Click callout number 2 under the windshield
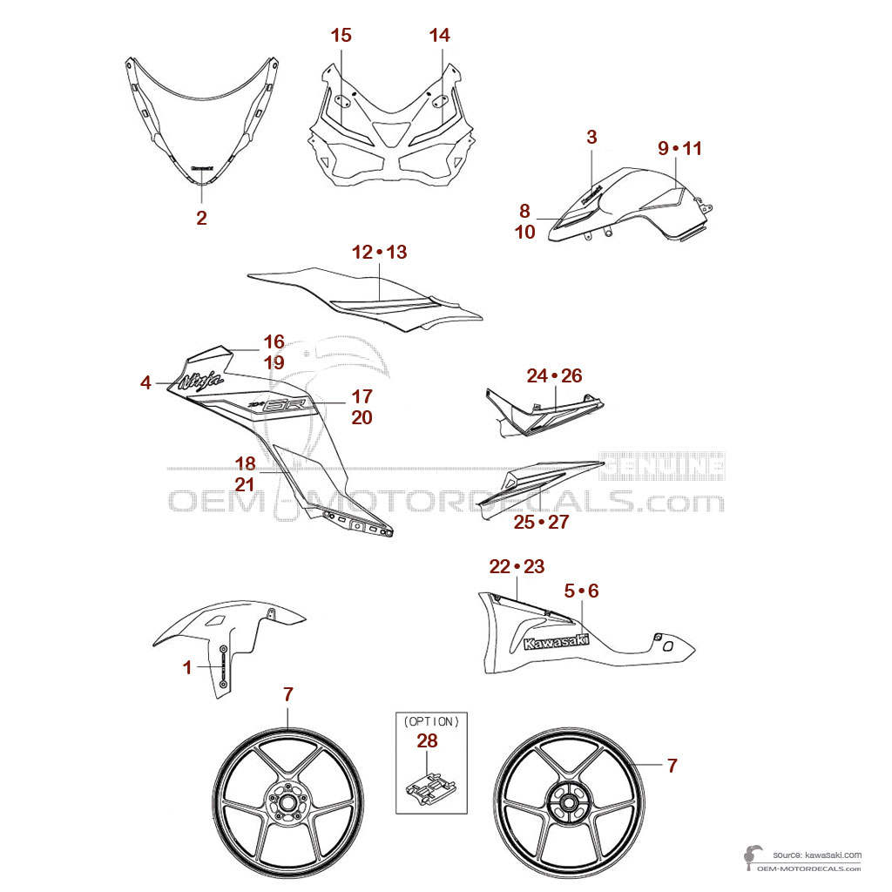(x=201, y=218)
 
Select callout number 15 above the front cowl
(x=341, y=36)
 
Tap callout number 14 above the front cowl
(x=440, y=36)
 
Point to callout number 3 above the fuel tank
(x=591, y=137)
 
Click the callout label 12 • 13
(x=379, y=253)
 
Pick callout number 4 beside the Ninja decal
(x=145, y=382)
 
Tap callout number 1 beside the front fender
(x=187, y=667)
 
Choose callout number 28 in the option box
(x=427, y=741)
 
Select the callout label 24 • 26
(x=554, y=376)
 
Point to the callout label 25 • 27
(x=540, y=522)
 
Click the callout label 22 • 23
(x=517, y=567)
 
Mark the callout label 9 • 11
(x=679, y=148)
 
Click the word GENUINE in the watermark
(x=666, y=465)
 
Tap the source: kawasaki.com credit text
(x=816, y=855)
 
